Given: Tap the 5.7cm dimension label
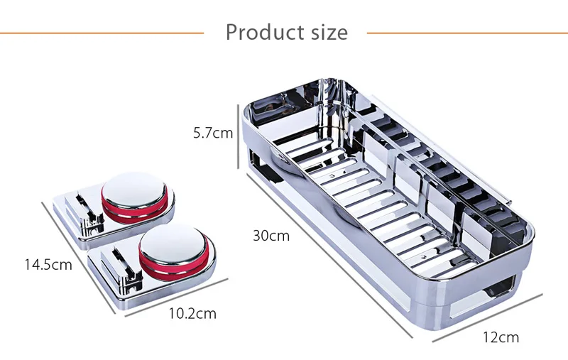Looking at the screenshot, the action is click(x=212, y=132).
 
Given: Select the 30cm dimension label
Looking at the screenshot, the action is click(x=271, y=236).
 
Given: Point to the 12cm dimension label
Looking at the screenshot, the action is click(x=500, y=337).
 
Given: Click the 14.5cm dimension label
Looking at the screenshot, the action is click(x=48, y=265).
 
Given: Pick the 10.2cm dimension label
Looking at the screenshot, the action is click(x=192, y=313).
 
